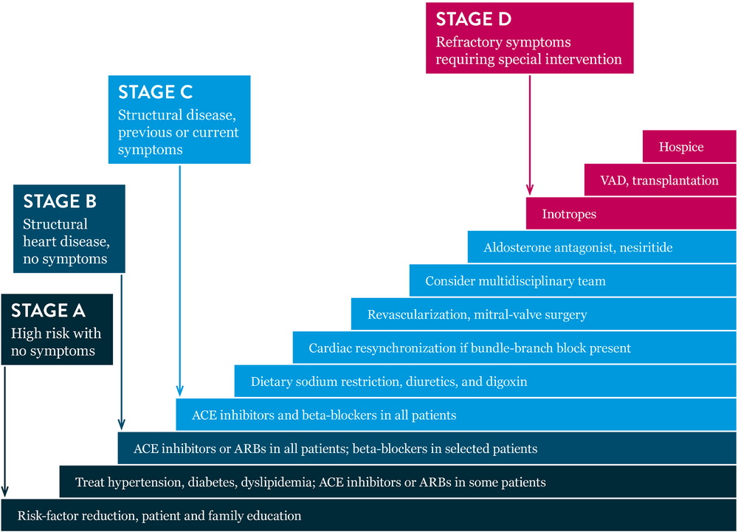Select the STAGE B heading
point(60,202)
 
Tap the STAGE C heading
point(155,92)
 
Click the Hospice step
point(682,147)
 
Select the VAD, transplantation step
point(659,180)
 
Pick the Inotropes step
point(569,214)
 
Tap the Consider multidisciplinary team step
point(515,281)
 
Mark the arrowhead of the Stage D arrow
point(530,190)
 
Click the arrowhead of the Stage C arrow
point(180,392)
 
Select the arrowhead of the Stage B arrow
point(120,426)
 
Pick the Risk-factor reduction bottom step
point(159,516)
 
